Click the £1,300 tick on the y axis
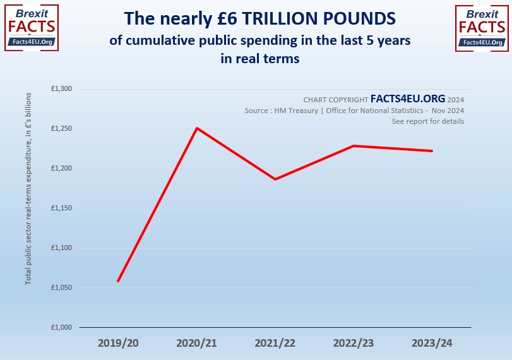(x=62, y=89)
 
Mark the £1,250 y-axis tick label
(x=62, y=129)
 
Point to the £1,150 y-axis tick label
(x=62, y=208)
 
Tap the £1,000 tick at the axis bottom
(x=62, y=327)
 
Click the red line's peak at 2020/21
(x=197, y=128)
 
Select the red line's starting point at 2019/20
(x=118, y=281)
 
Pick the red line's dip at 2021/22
(x=275, y=179)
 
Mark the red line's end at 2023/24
(x=432, y=151)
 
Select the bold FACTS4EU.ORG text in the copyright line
(x=407, y=99)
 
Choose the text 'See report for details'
(x=428, y=121)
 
